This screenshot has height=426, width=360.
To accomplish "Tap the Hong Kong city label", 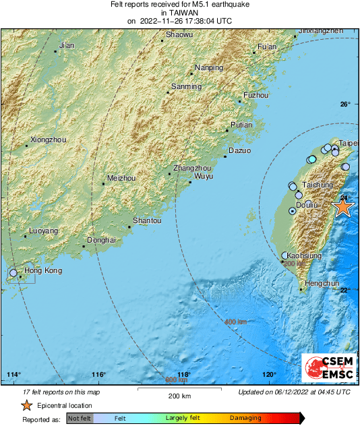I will [x=43, y=271].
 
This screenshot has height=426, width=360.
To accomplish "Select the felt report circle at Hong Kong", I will [x=13, y=273].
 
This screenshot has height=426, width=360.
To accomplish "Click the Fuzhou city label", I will [x=256, y=96].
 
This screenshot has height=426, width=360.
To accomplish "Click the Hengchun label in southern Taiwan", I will [x=322, y=284].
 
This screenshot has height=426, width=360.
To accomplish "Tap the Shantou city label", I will [x=147, y=220].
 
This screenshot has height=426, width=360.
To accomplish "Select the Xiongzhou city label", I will [x=49, y=140].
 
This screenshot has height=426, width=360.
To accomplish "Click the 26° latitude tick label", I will [x=345, y=104].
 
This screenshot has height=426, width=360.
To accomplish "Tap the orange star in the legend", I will [x=26, y=406].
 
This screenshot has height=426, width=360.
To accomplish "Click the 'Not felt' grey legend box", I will [x=80, y=419].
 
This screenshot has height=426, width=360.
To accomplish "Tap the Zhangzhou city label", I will [x=193, y=167].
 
